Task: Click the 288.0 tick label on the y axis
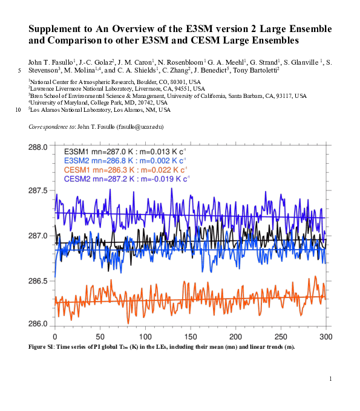tap(39, 147)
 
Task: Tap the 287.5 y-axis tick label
tap(39, 190)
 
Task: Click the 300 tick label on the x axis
tap(326, 336)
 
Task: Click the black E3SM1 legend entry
tap(126, 150)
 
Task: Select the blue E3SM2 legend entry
tap(126, 160)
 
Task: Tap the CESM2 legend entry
tap(127, 180)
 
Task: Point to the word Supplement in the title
tap(56, 30)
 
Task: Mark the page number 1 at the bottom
tap(331, 378)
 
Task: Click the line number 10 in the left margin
tap(18, 110)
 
